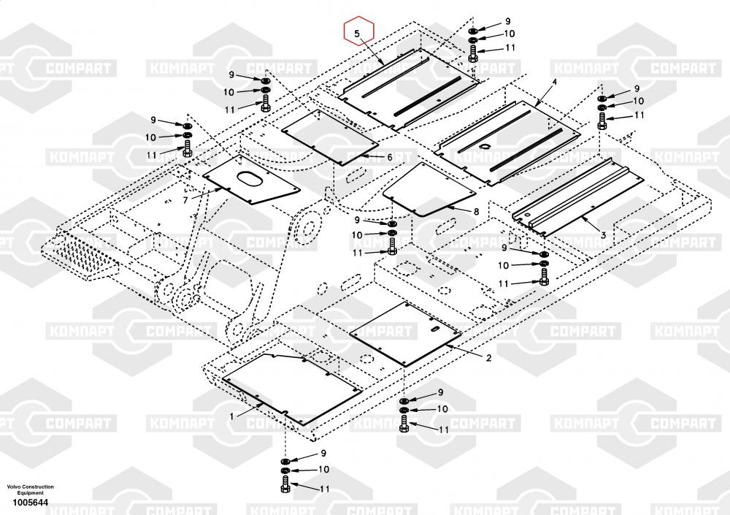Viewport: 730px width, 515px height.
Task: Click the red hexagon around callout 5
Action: (345, 30)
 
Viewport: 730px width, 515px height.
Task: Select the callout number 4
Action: (555, 82)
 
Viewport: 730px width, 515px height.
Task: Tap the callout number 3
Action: (604, 235)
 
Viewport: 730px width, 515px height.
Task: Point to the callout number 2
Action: (488, 358)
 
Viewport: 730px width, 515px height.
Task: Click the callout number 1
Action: (232, 416)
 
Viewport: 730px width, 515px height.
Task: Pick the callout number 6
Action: (390, 158)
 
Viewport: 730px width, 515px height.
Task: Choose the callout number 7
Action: (185, 200)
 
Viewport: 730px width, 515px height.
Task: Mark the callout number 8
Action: (476, 212)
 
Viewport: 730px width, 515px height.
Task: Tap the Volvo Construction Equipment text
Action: (30, 489)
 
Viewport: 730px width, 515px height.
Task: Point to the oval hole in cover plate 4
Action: (484, 147)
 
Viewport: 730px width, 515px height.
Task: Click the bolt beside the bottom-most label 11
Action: (285, 484)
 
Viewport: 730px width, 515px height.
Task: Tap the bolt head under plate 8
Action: (392, 246)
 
